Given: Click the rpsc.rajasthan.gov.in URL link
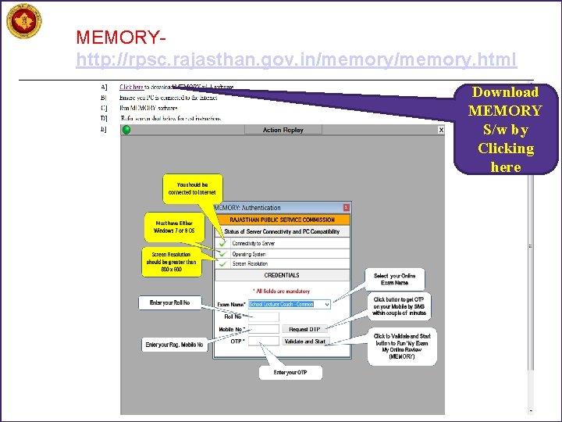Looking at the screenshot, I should [x=296, y=59].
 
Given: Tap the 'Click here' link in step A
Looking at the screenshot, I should [x=131, y=87].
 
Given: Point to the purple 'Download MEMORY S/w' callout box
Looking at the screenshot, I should [x=505, y=129].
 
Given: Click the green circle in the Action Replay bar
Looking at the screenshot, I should [x=126, y=130].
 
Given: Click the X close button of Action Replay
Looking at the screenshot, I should [x=440, y=130].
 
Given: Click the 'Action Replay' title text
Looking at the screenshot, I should [x=283, y=130].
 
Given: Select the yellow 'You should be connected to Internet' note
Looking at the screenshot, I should [x=191, y=188].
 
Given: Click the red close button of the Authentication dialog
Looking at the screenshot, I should [x=346, y=208].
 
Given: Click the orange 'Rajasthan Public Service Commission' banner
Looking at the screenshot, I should [x=282, y=220].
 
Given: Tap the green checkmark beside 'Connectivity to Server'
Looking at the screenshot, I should [x=223, y=244].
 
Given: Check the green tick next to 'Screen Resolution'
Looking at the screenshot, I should [x=223, y=264].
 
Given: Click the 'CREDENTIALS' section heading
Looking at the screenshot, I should [x=282, y=275].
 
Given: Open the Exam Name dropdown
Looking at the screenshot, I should [x=326, y=304].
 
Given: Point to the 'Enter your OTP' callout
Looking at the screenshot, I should [x=290, y=372].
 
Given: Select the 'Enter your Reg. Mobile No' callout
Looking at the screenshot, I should [x=174, y=345].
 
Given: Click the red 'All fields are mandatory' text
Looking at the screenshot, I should [x=282, y=291].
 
